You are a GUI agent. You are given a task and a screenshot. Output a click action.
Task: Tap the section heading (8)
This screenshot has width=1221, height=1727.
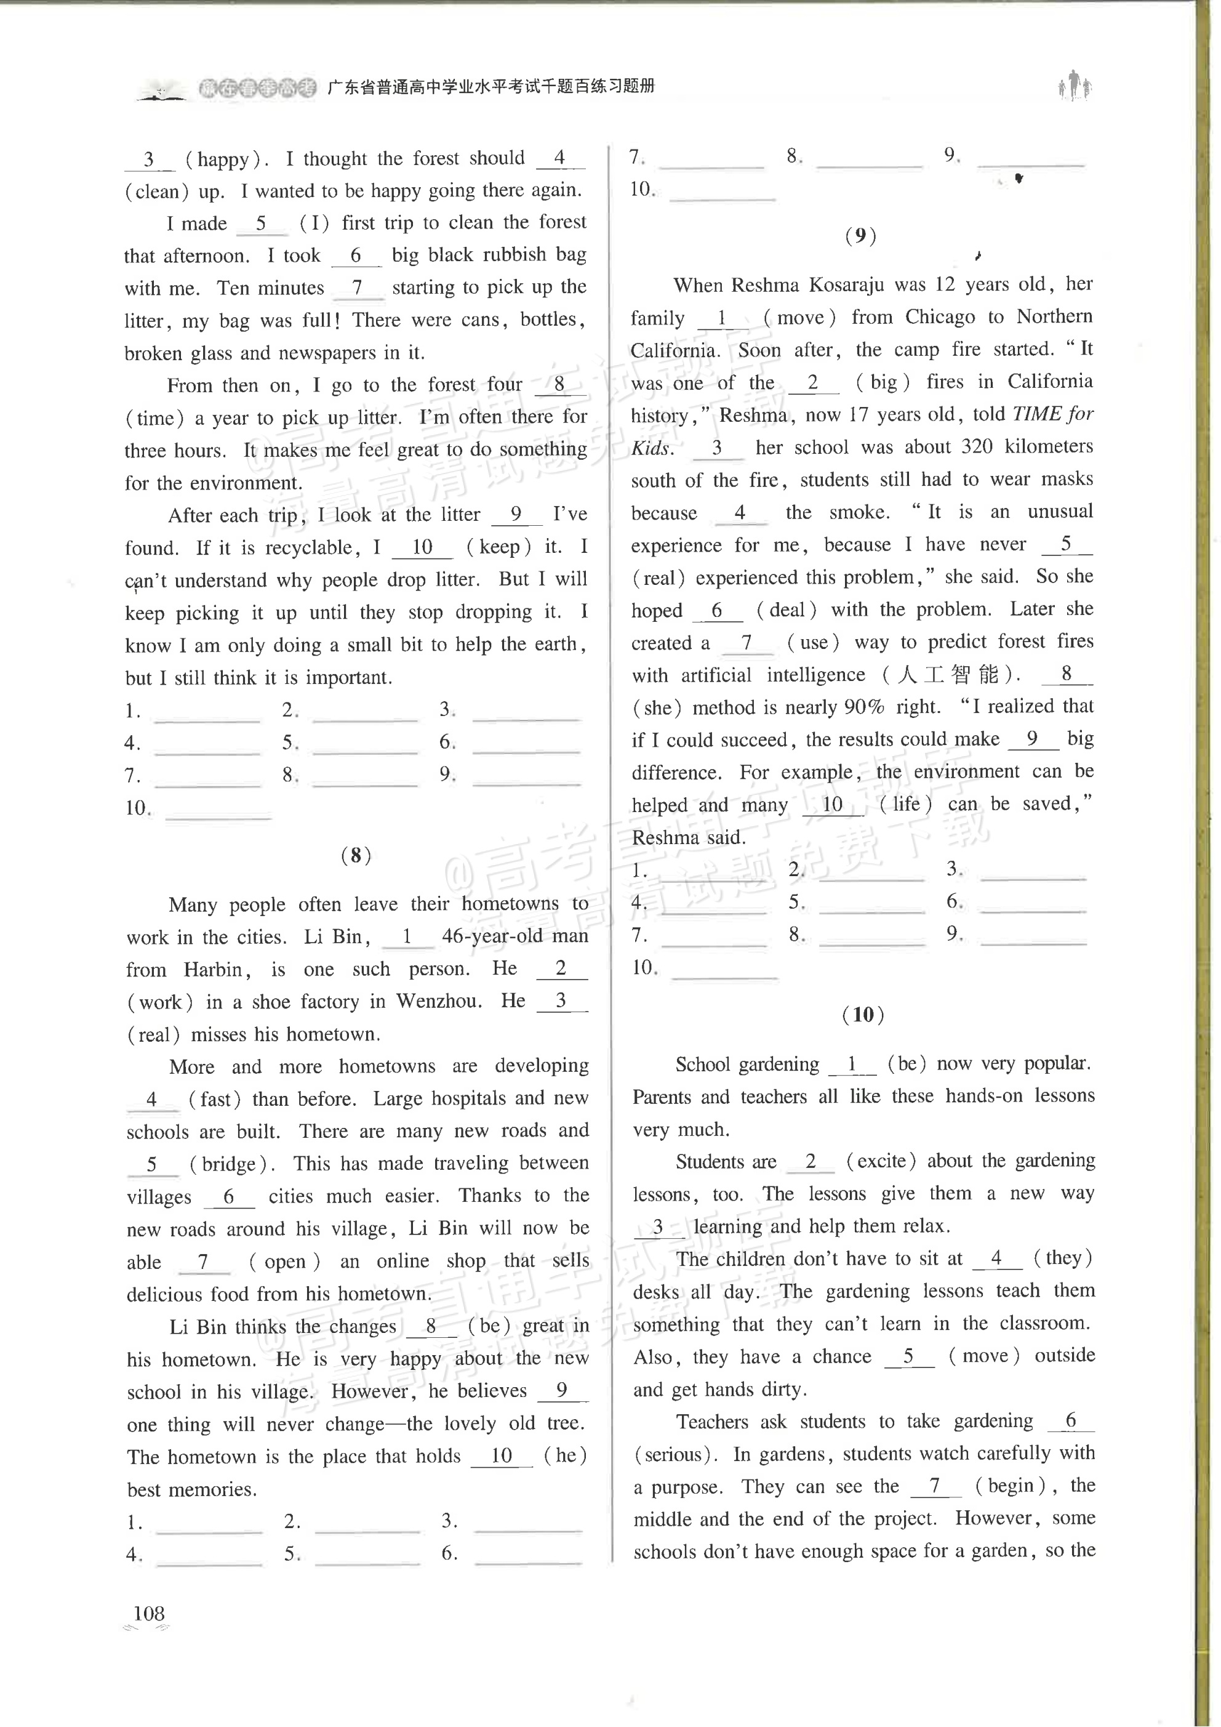click(x=356, y=855)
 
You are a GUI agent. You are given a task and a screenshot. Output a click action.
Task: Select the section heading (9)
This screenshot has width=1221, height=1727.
click(x=860, y=236)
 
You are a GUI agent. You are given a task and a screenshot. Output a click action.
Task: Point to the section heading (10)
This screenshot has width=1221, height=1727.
click(x=862, y=1015)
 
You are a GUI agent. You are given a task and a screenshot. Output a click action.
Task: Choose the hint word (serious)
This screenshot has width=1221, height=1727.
click(x=671, y=1454)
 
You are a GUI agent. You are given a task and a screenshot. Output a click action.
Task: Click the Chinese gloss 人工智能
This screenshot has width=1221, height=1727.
click(x=947, y=674)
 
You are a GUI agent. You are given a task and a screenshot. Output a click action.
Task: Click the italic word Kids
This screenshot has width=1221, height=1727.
click(x=651, y=448)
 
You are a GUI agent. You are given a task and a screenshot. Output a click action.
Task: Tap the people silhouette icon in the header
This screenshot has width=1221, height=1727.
click(x=1075, y=86)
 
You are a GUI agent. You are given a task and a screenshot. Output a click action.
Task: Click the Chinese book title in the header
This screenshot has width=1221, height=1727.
click(x=490, y=86)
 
